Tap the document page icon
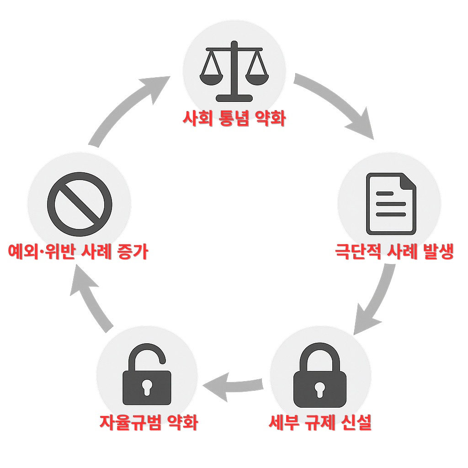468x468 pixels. click(391, 203)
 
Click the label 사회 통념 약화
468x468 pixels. click(234, 119)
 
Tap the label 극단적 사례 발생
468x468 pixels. click(394, 251)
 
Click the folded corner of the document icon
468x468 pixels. click(408, 181)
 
